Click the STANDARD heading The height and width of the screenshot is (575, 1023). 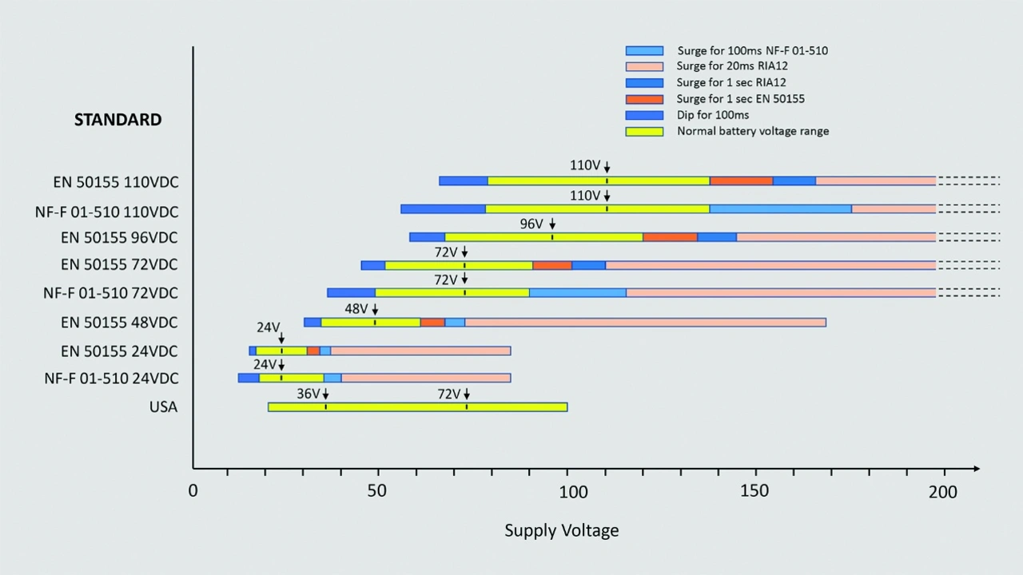117,120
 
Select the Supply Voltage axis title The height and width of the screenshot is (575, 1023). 561,530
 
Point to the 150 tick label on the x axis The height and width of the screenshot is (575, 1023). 754,491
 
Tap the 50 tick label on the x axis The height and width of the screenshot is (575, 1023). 377,491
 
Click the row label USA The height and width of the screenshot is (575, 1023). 163,407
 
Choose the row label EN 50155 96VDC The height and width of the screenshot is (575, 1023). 119,238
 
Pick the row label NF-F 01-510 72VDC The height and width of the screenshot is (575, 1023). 110,293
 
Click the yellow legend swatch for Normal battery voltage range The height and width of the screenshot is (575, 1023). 644,131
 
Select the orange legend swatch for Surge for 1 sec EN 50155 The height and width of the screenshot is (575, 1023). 644,99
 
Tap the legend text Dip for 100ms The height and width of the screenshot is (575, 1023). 713,115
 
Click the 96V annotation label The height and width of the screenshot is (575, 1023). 531,224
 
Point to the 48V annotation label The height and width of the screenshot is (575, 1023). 356,309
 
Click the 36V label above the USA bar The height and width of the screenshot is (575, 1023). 308,394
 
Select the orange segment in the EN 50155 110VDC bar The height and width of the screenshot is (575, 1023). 741,181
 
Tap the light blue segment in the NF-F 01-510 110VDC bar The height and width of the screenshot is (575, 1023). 780,209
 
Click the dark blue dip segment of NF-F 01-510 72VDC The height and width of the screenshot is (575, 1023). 351,293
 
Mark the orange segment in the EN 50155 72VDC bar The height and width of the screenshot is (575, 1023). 552,265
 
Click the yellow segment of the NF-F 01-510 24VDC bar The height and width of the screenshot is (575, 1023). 291,378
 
